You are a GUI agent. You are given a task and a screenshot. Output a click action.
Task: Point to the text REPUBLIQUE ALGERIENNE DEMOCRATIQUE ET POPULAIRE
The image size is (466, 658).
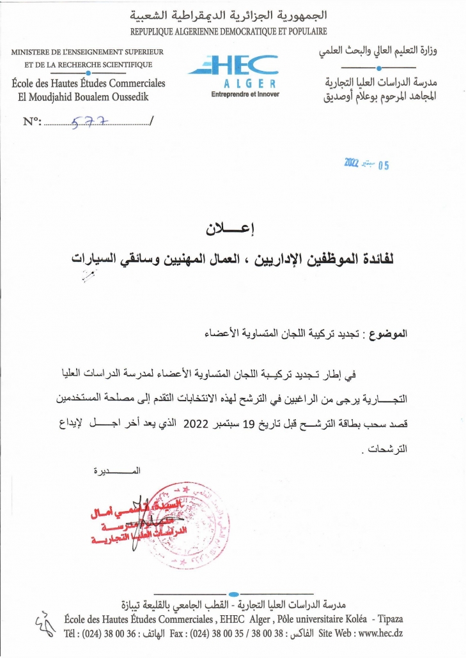click(x=228, y=31)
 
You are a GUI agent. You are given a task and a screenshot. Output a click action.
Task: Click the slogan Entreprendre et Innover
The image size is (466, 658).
click(x=245, y=95)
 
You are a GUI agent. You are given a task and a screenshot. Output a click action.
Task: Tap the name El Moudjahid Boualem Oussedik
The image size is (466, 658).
click(x=84, y=97)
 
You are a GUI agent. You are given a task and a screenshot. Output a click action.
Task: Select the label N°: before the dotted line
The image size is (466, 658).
click(x=32, y=121)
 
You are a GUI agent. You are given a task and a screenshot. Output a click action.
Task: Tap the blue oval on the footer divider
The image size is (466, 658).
click(x=233, y=595)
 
